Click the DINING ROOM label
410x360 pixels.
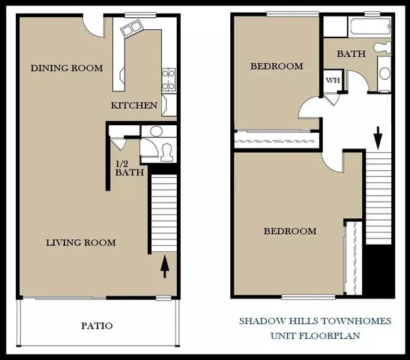click(67, 68)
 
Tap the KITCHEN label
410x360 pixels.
click(134, 106)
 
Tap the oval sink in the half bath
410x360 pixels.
click(155, 132)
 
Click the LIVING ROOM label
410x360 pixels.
click(80, 242)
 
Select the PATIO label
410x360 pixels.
click(97, 325)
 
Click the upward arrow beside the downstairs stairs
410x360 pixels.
click(165, 265)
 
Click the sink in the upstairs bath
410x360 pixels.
click(385, 73)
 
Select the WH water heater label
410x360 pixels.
click(331, 80)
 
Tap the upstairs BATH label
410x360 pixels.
click(351, 54)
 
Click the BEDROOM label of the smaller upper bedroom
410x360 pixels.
click(277, 67)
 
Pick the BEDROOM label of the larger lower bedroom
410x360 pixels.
click(289, 231)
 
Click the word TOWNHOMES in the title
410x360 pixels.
click(357, 321)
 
